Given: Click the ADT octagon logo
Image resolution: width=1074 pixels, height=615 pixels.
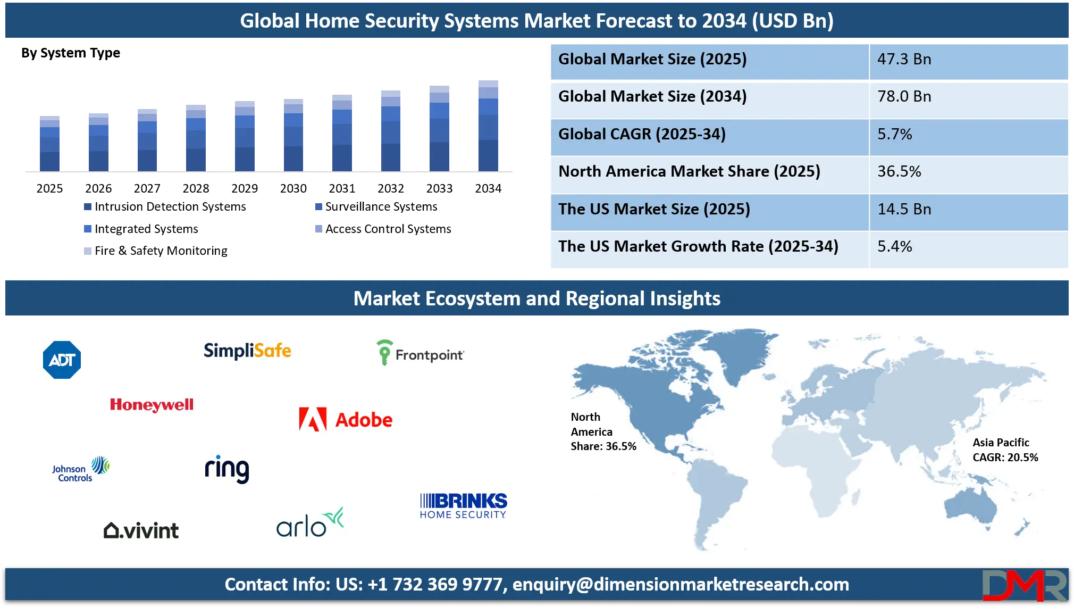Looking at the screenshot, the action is coord(62,360).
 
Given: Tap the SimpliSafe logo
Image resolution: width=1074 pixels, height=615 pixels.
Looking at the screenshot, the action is coord(247,351).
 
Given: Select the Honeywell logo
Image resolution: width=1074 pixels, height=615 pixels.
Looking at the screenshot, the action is coord(152,405).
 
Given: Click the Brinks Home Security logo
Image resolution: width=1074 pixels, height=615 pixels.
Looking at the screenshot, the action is coord(463,505).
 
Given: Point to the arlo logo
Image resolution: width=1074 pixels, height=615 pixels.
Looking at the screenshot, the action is coord(310,522).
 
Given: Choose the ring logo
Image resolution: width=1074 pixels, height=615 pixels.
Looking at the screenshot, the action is coord(227,469).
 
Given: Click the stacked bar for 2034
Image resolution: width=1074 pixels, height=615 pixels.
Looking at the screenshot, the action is coord(488,126).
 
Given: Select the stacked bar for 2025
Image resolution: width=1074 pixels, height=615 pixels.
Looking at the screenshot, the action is coord(49,144).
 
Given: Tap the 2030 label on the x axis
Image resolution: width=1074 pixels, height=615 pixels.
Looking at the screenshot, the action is coord(293,188).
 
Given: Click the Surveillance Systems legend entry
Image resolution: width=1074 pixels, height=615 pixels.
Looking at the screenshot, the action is coord(376,206).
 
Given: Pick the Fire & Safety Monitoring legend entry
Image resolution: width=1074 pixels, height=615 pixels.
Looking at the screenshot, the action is coord(156,251).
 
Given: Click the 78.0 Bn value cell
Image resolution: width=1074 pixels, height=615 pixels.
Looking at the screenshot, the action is coord(904,96).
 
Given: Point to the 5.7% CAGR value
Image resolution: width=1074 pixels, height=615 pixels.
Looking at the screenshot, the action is coord(895,134).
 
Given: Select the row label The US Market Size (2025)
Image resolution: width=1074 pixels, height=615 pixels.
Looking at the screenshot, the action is coord(654,209).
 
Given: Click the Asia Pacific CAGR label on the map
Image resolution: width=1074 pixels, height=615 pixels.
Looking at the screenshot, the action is coord(1005,450).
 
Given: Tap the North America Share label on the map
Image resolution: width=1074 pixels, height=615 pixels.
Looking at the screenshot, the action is coord(603,431).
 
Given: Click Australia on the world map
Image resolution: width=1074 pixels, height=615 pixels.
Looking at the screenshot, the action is coord(970,508).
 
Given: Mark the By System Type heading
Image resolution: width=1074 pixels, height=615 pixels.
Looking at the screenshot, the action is coord(71,53).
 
